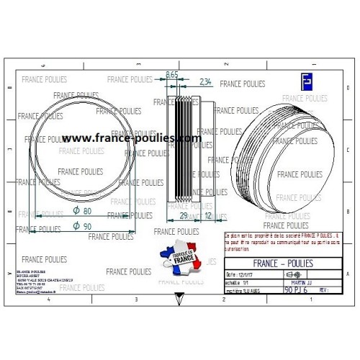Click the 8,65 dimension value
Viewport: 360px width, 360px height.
(172, 74)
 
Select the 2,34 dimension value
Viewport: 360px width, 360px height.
(204, 82)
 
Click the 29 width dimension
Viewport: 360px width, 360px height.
(183, 215)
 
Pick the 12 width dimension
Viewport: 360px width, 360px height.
(209, 215)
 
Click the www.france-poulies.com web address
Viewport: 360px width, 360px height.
(130, 138)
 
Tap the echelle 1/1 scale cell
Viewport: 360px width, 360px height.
(238, 282)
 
